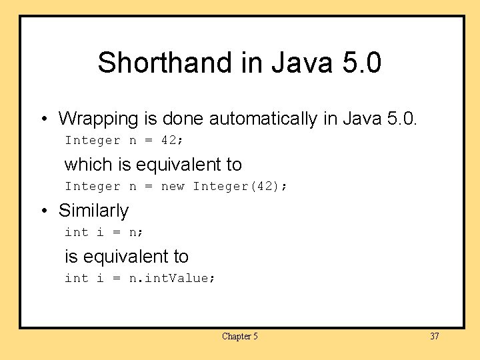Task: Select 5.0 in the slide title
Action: point(361,63)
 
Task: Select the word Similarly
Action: point(94,211)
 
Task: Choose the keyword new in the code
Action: point(173,187)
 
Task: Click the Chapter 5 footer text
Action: point(240,336)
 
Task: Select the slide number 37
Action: point(434,336)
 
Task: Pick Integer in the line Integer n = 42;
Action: point(93,141)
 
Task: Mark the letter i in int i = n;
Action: point(100,233)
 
